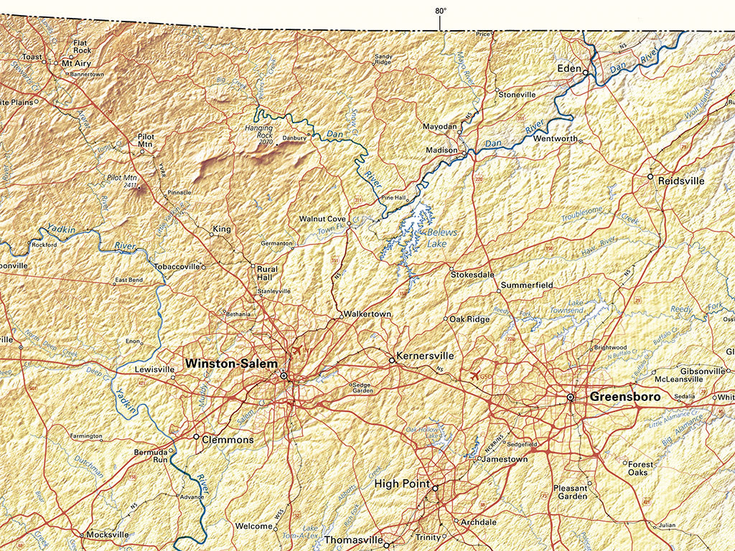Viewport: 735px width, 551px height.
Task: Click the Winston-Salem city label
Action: (230, 364)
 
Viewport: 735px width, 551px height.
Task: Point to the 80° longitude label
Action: (440, 11)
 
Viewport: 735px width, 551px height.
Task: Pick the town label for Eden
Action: (569, 69)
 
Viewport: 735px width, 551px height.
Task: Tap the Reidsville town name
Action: (681, 182)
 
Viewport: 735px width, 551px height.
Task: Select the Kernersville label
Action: (426, 356)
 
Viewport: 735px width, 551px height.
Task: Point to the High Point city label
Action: (402, 484)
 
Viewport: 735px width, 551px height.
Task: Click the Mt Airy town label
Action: (78, 63)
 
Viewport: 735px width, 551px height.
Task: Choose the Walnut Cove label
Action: (322, 218)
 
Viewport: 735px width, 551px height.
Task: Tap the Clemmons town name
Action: (228, 439)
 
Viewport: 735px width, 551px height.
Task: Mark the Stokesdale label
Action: (472, 274)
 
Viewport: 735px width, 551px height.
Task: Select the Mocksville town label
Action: (108, 534)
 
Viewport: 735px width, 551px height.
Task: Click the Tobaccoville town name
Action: (177, 266)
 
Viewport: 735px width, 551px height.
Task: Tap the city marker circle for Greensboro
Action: (571, 397)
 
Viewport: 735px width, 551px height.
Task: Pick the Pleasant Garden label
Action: (571, 492)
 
